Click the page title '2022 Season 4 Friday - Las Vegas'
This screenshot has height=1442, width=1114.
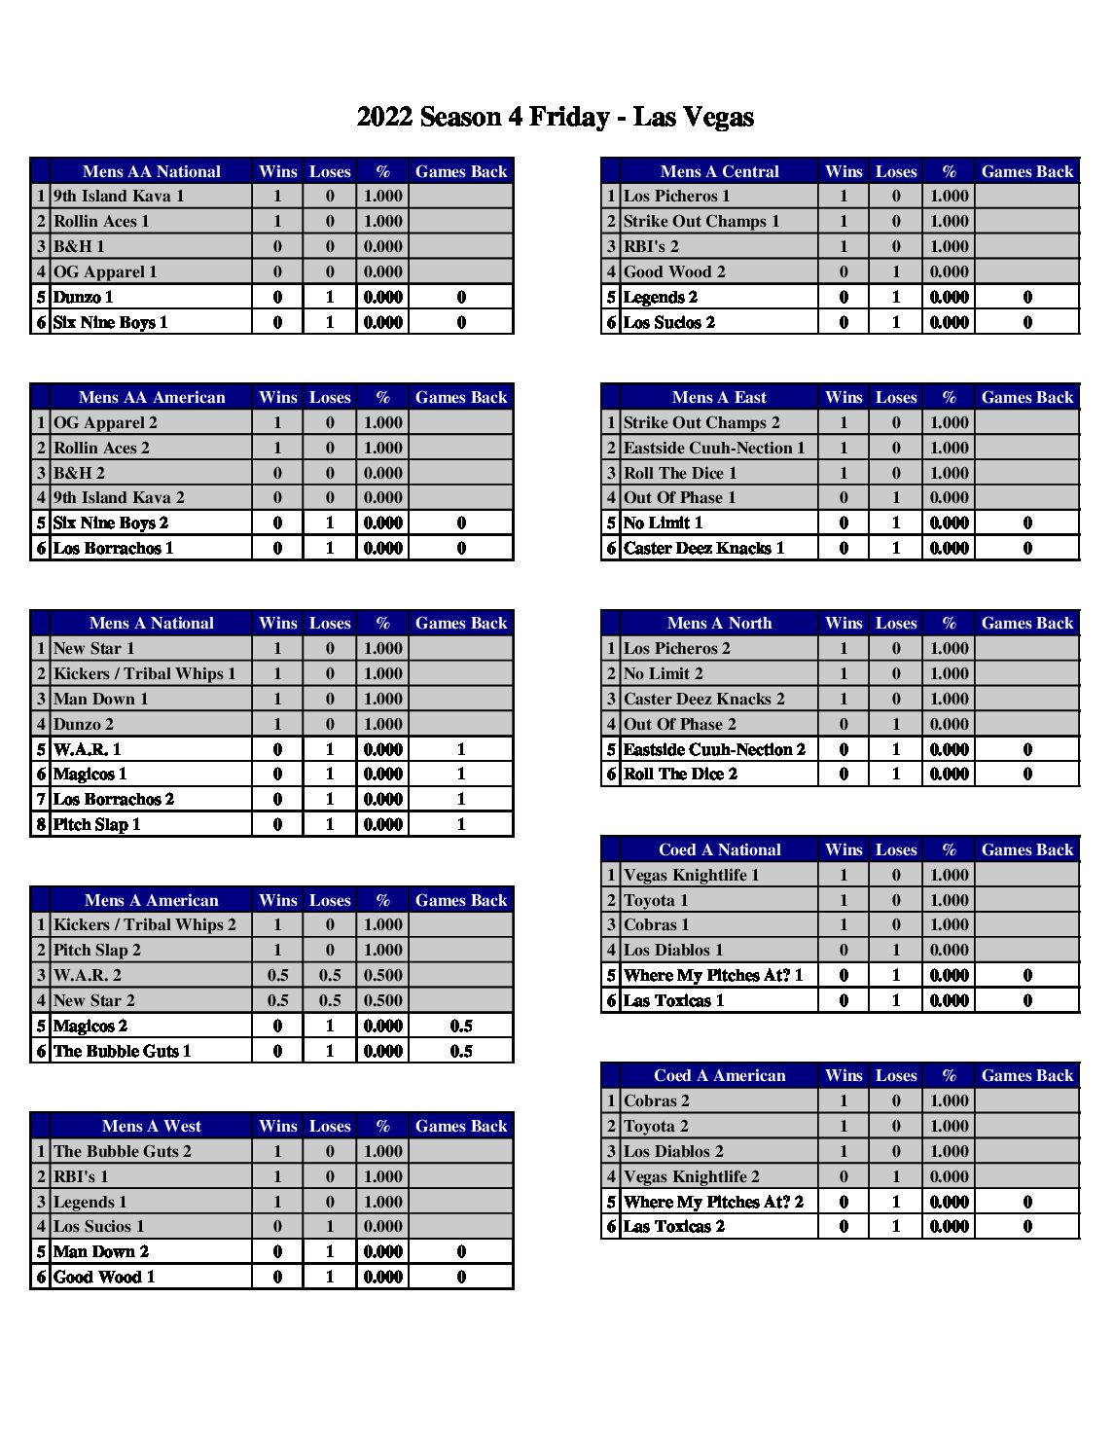point(555,118)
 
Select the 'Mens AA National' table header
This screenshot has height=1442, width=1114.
point(151,171)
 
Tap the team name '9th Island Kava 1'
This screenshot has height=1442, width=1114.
point(119,197)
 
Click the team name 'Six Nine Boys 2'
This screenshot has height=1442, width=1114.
point(111,523)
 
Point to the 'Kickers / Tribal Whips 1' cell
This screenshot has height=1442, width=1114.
point(144,673)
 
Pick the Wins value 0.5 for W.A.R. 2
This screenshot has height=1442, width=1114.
point(277,975)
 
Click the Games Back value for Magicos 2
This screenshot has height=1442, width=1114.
point(461,1026)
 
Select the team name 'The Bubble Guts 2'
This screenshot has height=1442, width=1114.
point(123,1151)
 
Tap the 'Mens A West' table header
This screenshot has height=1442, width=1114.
point(151,1126)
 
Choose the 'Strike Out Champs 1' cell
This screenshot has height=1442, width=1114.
point(701,222)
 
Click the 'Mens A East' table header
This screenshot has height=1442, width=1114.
point(719,397)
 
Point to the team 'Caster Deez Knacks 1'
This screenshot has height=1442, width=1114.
point(703,548)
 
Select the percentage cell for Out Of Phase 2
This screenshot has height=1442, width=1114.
point(949,724)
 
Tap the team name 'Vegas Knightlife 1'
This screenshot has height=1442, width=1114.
point(691,875)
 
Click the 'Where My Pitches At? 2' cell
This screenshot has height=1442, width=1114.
point(713,1202)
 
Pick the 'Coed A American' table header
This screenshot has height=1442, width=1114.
point(719,1075)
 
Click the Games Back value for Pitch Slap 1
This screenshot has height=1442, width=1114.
point(461,824)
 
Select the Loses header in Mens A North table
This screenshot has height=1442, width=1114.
point(896,623)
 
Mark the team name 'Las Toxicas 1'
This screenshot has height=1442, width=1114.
point(673,1000)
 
